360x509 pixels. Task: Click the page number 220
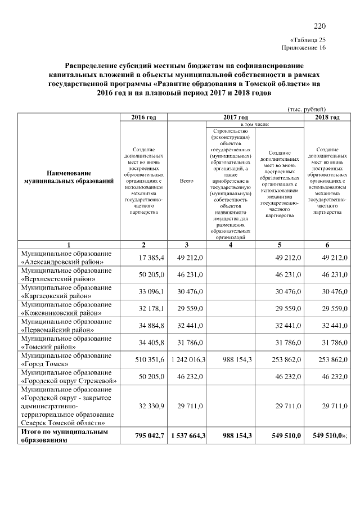pyautogui.click(x=319, y=26)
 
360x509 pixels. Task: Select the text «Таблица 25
pyautogui.click(x=307, y=40)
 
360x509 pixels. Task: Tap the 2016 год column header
pyautogui.click(x=143, y=117)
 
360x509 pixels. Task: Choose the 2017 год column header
pyautogui.click(x=236, y=117)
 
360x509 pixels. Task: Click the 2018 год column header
pyautogui.click(x=327, y=117)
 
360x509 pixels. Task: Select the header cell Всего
pyautogui.click(x=186, y=181)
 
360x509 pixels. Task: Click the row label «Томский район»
pyautogui.click(x=62, y=346)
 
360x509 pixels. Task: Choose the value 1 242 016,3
pyautogui.click(x=186, y=359)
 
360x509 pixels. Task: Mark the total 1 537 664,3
pyautogui.click(x=186, y=435)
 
